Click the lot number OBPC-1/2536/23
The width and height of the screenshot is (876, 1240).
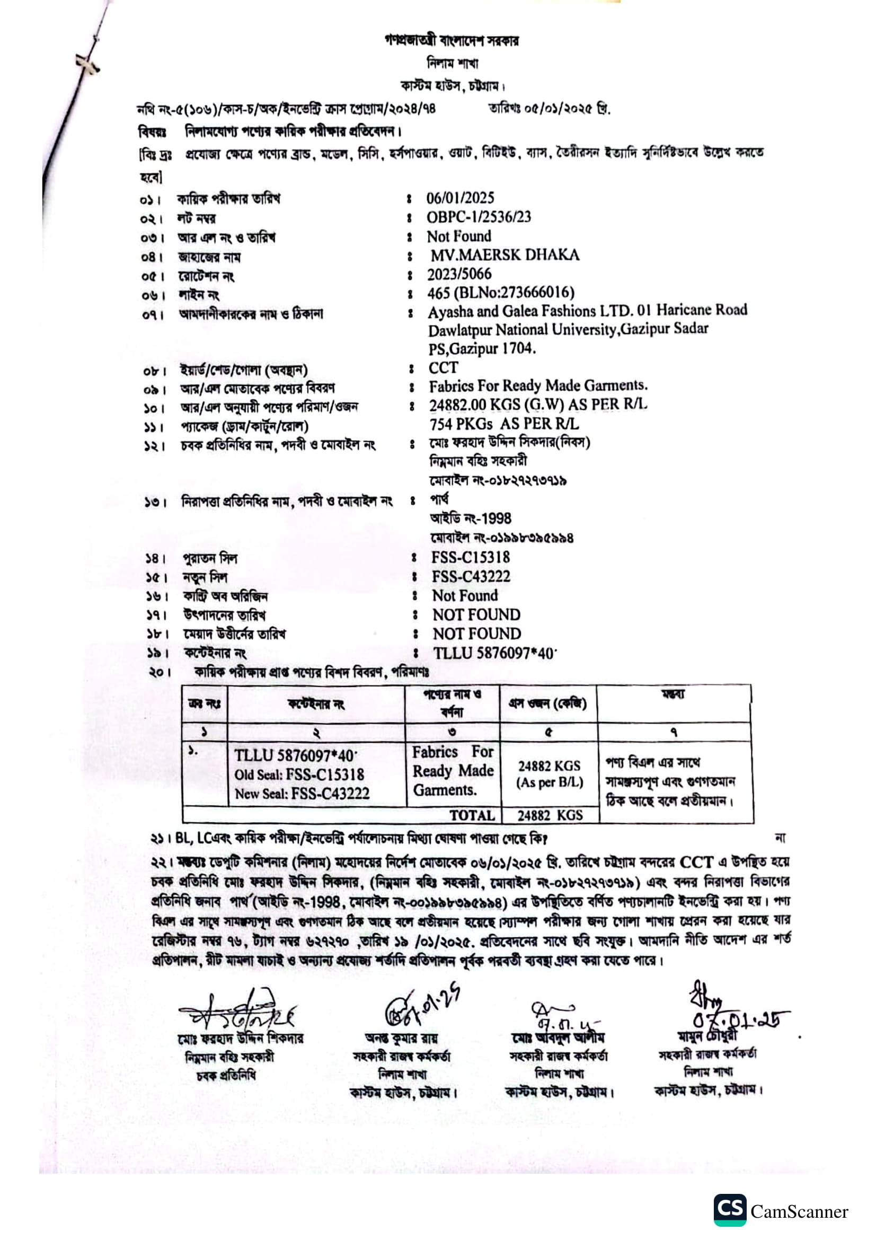pos(478,217)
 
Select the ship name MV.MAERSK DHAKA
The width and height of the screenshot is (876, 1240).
pos(505,255)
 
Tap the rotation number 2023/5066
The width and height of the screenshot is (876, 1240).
pos(459,274)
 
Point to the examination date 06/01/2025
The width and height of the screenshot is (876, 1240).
pos(460,198)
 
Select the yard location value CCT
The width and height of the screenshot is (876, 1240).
pos(443,368)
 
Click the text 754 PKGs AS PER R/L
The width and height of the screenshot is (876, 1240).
pos(503,424)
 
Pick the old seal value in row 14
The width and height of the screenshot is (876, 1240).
pos(470,557)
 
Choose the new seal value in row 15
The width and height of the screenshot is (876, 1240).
pos(471,576)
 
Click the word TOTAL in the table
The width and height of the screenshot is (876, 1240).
pos(472,815)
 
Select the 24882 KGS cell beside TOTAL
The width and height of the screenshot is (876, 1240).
pos(550,815)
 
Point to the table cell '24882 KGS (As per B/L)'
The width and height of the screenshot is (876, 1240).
pos(550,774)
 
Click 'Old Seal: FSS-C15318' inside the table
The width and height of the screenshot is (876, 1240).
pos(299,775)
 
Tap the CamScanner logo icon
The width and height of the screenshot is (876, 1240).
pos(730,1210)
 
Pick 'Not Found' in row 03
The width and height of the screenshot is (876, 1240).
pos(459,236)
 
